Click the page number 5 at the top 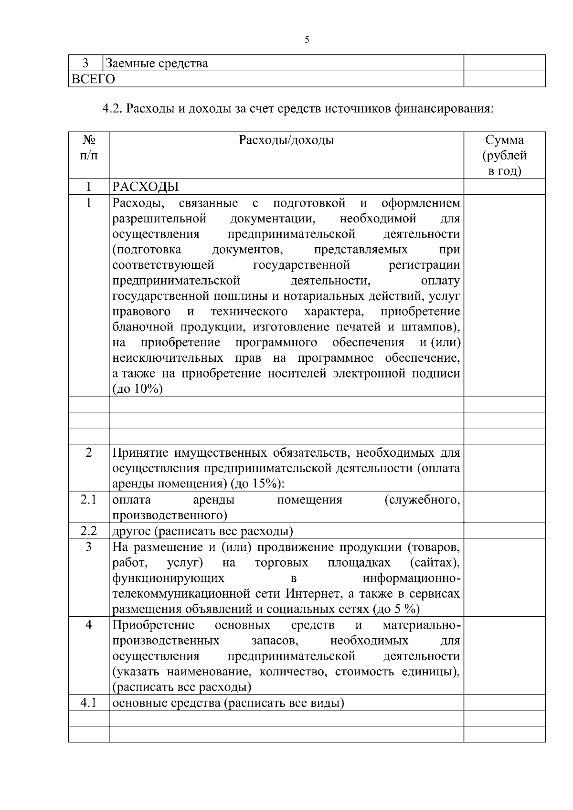307,40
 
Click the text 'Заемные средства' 157,63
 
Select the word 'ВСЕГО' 93,79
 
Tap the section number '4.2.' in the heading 113,109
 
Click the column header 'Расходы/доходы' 286,140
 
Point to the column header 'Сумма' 504,140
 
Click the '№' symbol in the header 89,140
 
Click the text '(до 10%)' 138,389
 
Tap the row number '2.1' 89,500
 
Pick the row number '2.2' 89,531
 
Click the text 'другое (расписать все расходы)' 203,531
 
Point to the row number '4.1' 89,703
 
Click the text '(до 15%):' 257,484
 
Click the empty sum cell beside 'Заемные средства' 504,63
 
